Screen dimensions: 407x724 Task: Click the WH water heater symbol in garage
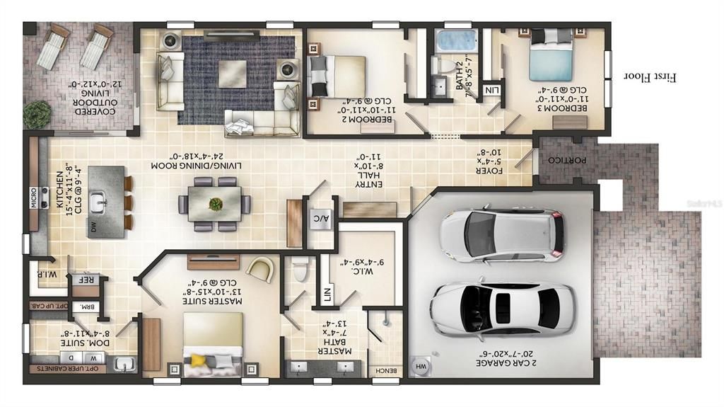coord(421,367)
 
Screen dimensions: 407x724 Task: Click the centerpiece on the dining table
coord(215,205)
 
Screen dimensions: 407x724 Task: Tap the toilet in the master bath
coord(300,270)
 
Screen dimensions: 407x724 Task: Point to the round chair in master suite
coord(261,269)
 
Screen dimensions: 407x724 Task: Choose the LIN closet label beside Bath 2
coord(491,90)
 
